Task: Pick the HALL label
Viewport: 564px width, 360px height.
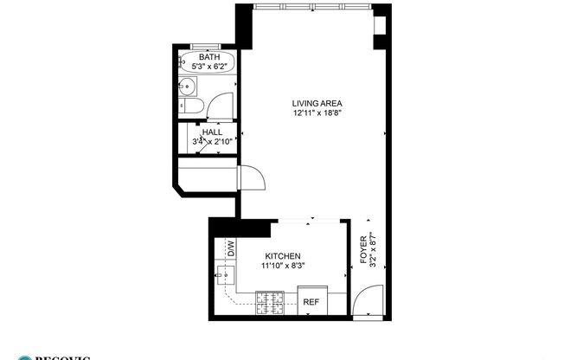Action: coord(212,132)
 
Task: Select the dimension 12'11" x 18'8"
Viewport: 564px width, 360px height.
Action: coord(312,113)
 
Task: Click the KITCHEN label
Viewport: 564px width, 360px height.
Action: coord(282,257)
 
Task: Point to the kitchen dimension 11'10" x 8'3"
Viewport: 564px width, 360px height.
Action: coord(282,267)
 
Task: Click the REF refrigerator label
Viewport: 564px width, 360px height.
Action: coord(311,302)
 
